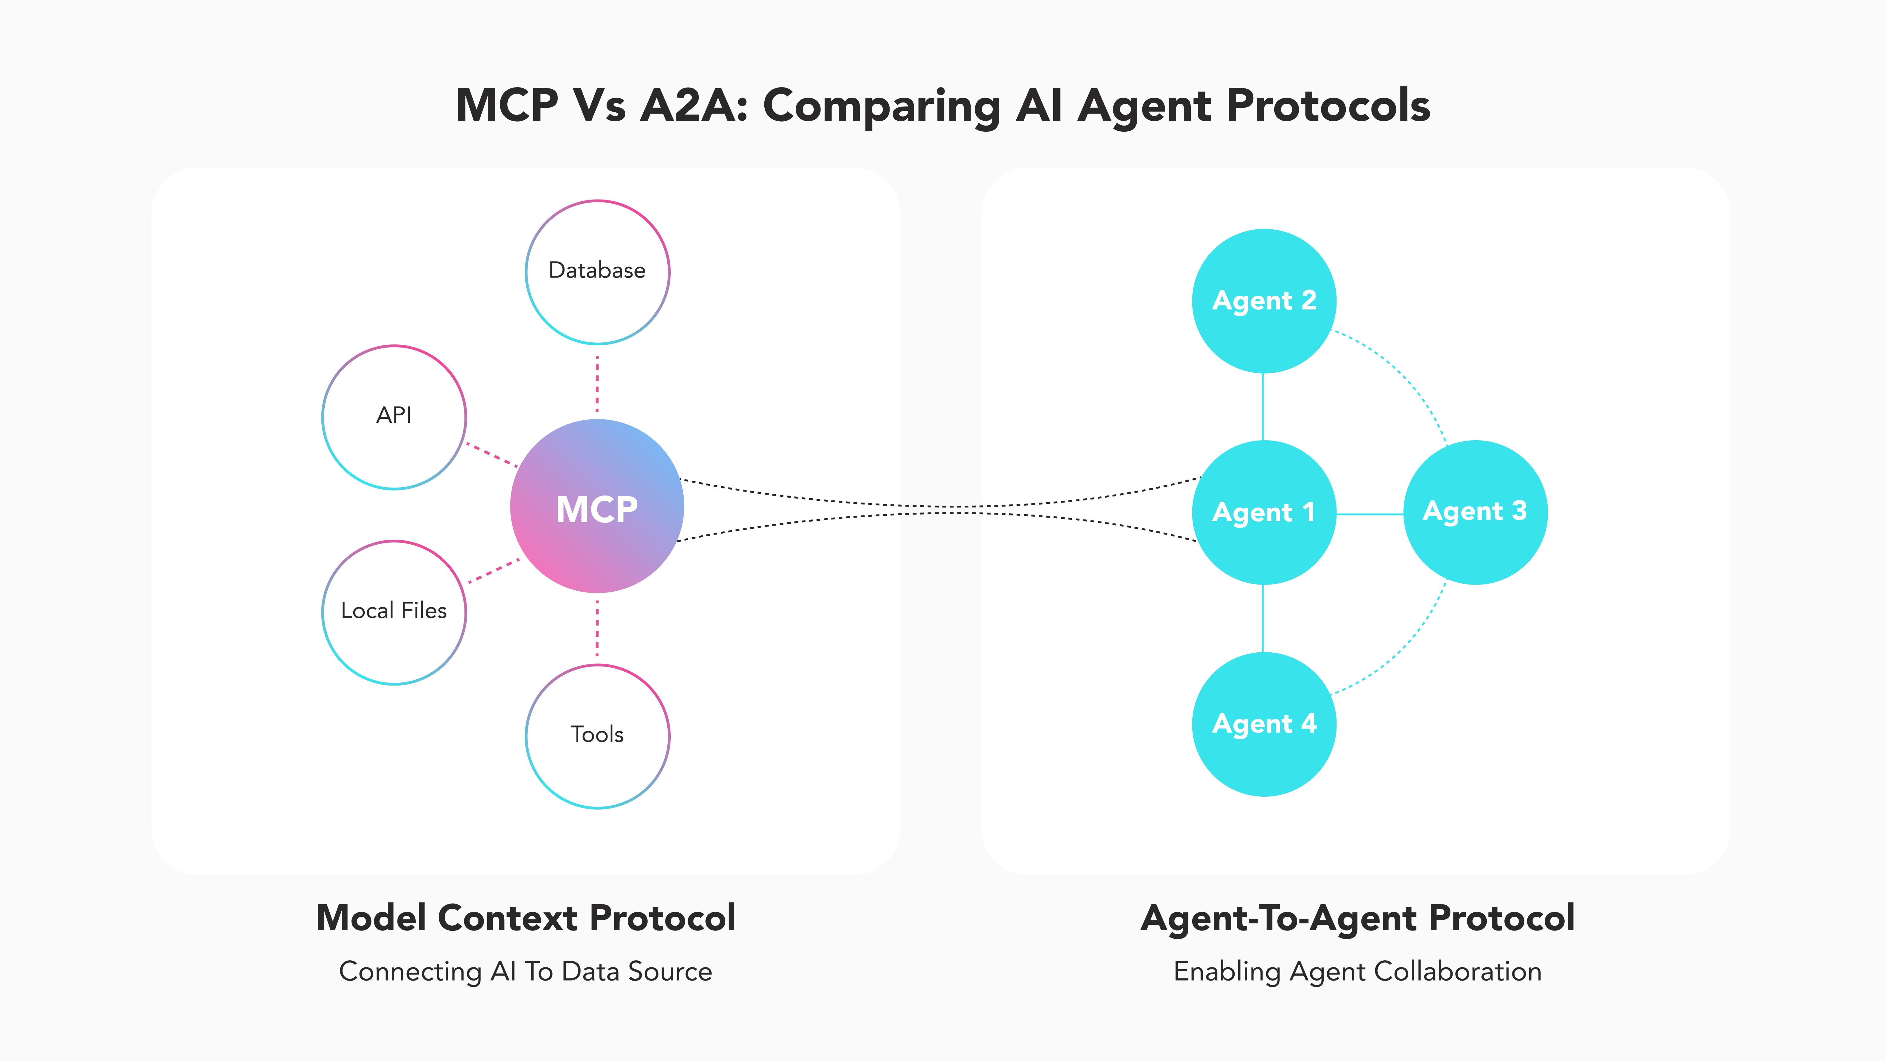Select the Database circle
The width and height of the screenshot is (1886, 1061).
pos(597,272)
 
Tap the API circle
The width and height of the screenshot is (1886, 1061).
pos(394,417)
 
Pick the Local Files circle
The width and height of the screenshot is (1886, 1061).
pos(394,612)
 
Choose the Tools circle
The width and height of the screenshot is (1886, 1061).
pos(597,736)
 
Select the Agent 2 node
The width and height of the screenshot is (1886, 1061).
pos(1264,301)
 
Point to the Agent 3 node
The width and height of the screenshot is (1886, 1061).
pos(1475,512)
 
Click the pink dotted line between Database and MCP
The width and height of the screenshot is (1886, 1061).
pos(597,384)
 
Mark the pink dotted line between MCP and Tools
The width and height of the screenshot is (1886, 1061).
pos(597,628)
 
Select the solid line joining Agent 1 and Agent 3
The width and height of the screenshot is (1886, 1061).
pos(1369,514)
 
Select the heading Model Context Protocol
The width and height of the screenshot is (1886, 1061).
pos(526,918)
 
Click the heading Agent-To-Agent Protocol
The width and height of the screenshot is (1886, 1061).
pos(1357,918)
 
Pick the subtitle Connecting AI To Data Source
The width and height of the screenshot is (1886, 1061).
pos(526,972)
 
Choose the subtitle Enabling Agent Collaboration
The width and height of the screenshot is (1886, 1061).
pos(1357,972)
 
